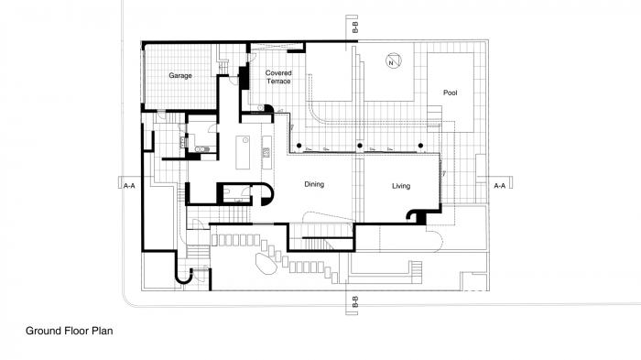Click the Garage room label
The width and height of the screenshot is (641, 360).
tap(179, 76)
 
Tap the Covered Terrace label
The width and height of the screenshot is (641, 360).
tap(278, 77)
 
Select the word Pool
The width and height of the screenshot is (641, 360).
tap(450, 93)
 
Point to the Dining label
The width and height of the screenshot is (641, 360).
tap(315, 185)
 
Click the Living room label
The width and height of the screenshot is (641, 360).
tap(401, 186)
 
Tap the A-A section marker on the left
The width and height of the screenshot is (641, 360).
tap(129, 185)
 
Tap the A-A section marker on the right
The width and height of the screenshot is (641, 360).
tap(499, 186)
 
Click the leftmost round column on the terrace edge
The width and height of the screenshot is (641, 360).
tap(299, 147)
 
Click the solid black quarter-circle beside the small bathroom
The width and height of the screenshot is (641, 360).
tap(265, 194)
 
